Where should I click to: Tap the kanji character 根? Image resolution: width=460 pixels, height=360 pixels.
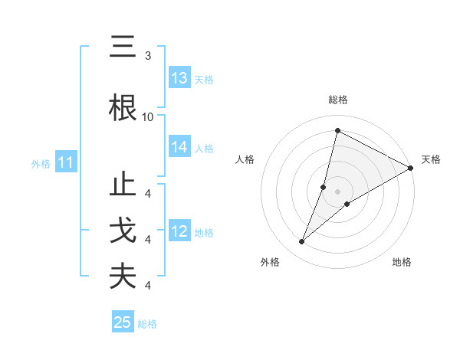123,108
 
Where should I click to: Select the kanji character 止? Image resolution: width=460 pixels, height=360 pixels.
123,187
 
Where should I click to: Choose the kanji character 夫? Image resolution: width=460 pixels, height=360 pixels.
123,277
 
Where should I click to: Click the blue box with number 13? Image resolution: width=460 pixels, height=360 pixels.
179,78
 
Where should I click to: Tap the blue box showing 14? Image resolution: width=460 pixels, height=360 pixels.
179,148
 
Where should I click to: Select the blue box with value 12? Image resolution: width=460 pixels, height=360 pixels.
179,231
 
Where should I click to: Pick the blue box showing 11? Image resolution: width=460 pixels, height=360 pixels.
66,162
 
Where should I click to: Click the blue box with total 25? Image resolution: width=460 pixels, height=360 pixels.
123,322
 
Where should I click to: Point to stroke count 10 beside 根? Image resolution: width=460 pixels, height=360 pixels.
148,116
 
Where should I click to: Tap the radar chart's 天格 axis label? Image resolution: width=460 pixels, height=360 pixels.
431,159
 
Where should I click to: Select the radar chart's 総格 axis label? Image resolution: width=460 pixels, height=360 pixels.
338,100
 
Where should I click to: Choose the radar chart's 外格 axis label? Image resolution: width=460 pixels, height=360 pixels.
270,263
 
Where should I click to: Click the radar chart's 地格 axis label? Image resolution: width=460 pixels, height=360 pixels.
402,263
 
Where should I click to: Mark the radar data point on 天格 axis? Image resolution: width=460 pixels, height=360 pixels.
411,168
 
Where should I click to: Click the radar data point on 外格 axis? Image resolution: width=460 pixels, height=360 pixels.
302,242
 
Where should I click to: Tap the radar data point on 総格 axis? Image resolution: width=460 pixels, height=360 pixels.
337,131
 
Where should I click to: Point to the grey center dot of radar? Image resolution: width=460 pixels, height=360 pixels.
337,191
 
